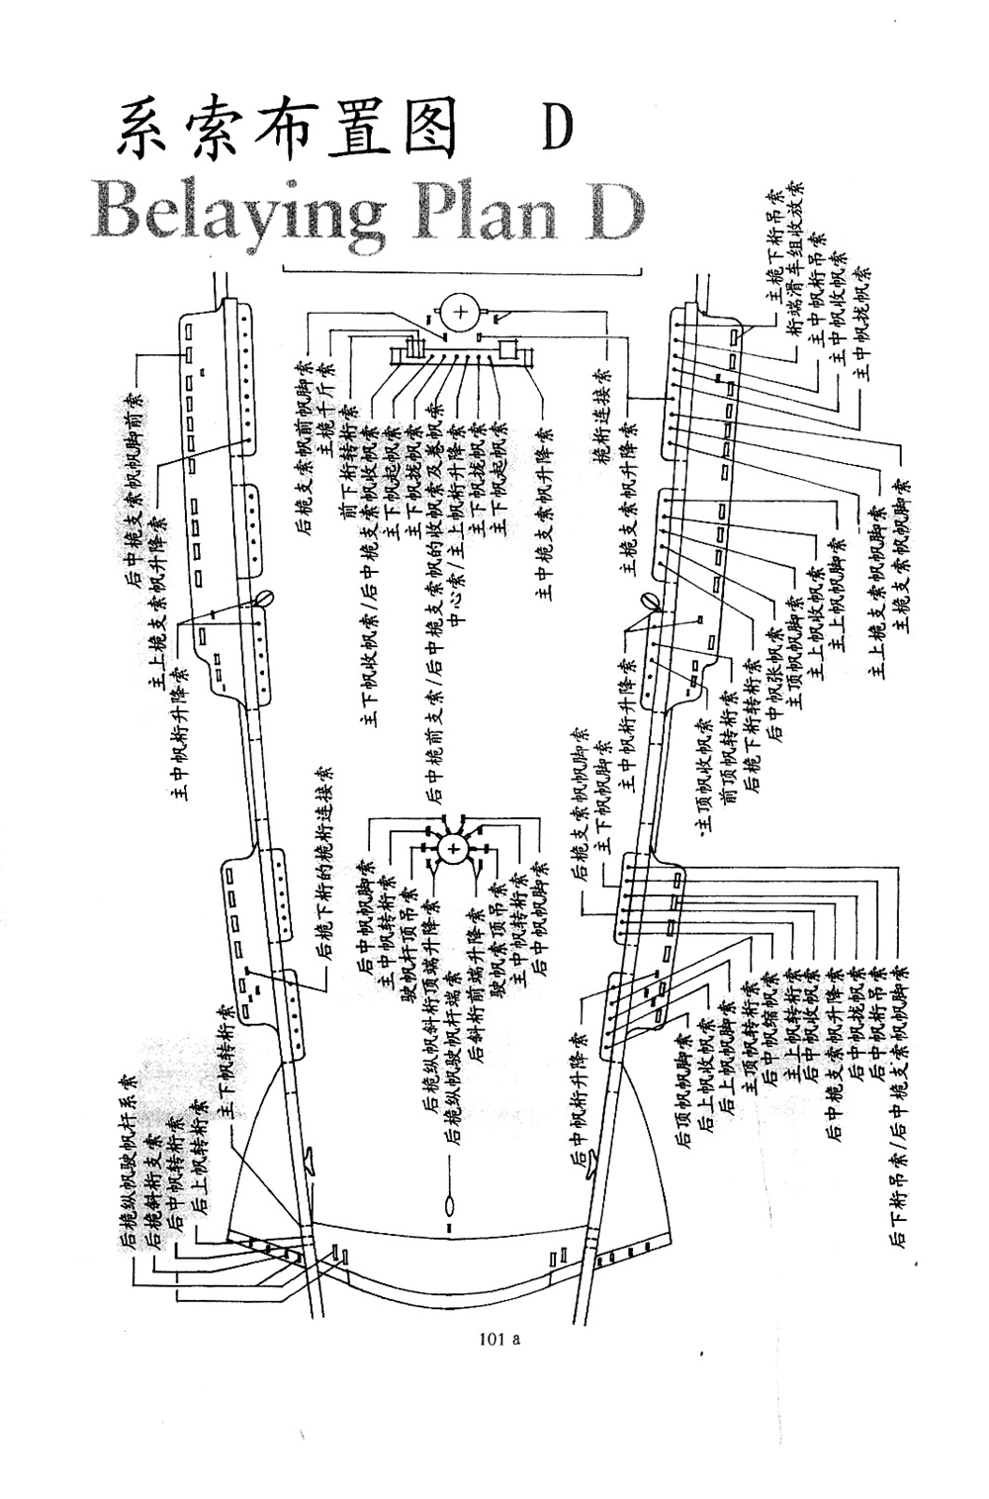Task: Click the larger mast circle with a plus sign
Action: [460, 315]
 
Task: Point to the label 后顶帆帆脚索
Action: [682, 1088]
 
